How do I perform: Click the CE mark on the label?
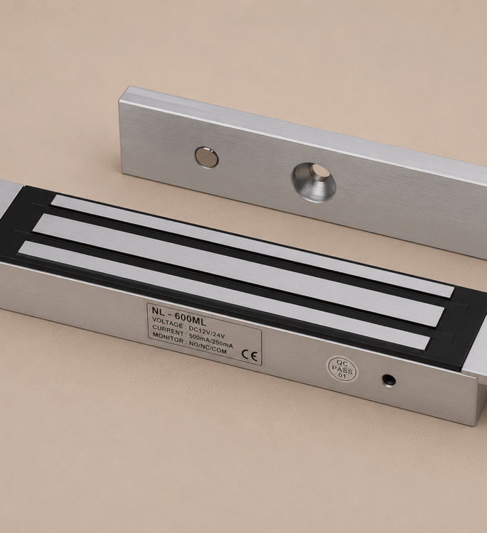(250, 355)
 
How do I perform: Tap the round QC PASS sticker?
(342, 369)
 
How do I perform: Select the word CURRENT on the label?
(168, 330)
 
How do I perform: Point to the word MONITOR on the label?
(168, 338)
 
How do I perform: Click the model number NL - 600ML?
(179, 314)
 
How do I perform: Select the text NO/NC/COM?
(207, 348)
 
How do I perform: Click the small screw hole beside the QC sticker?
(389, 380)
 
